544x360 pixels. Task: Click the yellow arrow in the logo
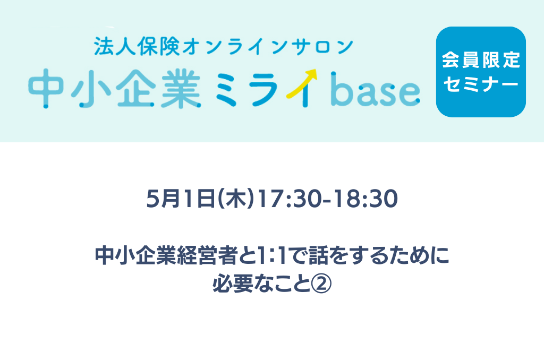pyautogui.click(x=301, y=83)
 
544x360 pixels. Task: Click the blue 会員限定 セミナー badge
pyautogui.click(x=481, y=72)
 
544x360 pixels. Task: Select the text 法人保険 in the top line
pyautogui.click(x=137, y=47)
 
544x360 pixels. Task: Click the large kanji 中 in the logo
pyautogui.click(x=46, y=88)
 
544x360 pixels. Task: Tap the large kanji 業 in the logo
pyautogui.click(x=181, y=88)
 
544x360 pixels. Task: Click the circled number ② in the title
pyautogui.click(x=321, y=284)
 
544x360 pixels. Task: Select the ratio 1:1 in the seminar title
pyautogui.click(x=270, y=255)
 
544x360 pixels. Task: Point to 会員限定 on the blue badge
pyautogui.click(x=481, y=60)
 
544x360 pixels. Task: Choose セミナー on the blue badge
pyautogui.click(x=481, y=84)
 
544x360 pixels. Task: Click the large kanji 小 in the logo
pyautogui.click(x=91, y=88)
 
